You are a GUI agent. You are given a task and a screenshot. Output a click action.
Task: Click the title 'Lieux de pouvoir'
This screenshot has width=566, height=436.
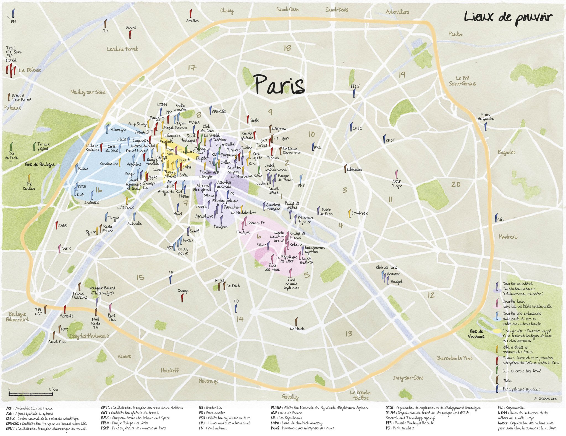[508, 17]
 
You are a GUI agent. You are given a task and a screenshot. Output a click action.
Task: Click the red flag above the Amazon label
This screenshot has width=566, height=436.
[190, 13]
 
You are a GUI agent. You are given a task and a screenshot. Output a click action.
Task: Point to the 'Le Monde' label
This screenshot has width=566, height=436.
[297, 328]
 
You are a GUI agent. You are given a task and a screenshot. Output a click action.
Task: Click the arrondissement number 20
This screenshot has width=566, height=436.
[455, 184]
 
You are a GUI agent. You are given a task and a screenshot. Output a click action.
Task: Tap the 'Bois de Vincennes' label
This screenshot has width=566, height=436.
[476, 334]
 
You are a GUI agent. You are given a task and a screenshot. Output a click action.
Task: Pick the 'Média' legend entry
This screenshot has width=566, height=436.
[507, 380]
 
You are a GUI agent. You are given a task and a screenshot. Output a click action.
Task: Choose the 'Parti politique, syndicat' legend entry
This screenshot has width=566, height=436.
[521, 389]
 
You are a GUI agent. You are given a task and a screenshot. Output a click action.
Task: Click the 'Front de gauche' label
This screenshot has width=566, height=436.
[485, 116]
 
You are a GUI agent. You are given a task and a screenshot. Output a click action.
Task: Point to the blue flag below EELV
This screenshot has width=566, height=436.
[354, 93]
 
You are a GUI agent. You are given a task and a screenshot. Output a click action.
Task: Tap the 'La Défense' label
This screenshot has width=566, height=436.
[30, 70]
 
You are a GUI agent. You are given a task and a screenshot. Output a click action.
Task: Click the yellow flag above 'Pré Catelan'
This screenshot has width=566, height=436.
[29, 177]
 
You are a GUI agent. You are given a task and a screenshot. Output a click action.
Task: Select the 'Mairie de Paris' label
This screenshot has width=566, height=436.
[326, 212]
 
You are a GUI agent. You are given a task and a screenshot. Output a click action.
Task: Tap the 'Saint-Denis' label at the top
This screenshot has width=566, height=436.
[337, 10]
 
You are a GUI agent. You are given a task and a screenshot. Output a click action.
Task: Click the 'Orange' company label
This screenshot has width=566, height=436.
[183, 291]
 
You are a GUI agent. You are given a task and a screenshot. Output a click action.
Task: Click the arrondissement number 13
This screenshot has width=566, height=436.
[349, 334]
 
